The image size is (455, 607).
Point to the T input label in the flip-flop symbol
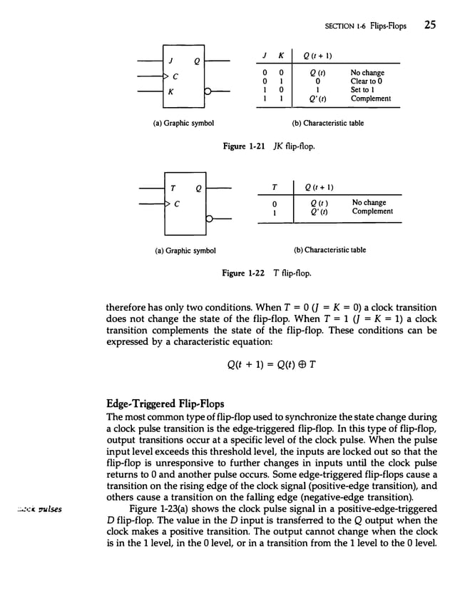click(171, 188)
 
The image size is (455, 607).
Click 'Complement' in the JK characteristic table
click(370, 99)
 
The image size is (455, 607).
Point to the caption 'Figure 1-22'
click(245, 274)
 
